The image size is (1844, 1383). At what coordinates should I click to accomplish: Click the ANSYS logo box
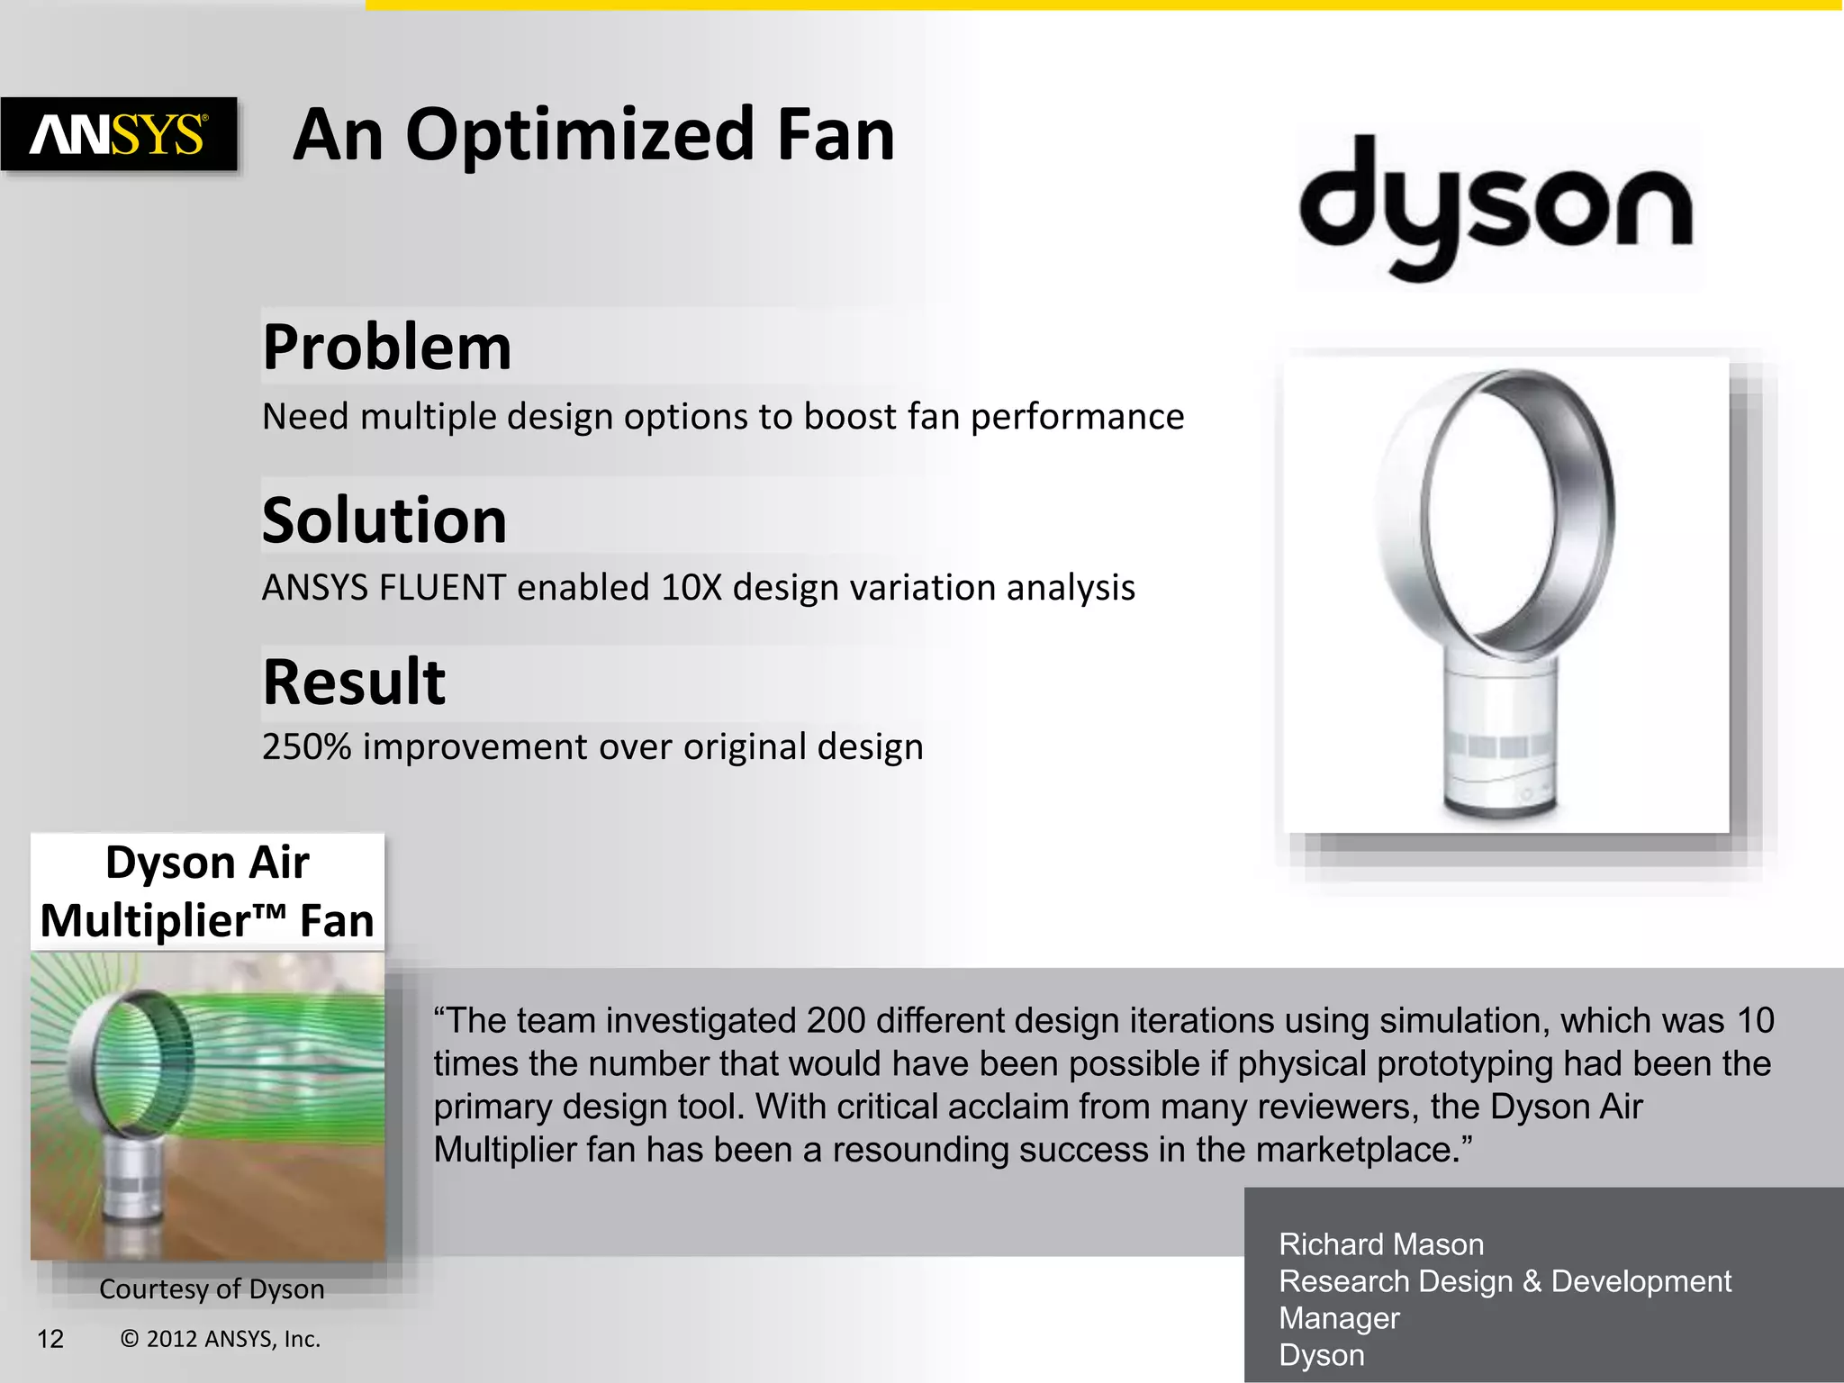point(119,135)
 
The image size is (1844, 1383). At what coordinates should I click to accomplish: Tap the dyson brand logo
point(1496,208)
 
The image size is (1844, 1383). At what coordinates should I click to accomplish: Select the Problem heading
point(387,348)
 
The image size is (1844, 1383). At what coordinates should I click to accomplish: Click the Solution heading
point(384,520)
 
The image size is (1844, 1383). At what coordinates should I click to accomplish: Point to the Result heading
point(354,682)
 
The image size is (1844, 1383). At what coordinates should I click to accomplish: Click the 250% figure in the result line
point(306,747)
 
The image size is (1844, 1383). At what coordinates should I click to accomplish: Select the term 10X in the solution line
point(691,588)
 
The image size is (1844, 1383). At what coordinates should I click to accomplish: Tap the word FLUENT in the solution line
point(442,588)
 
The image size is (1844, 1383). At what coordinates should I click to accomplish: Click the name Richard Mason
point(1380,1244)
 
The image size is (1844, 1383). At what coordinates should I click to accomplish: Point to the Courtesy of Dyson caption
point(212,1289)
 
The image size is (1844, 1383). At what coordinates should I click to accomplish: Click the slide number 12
point(50,1339)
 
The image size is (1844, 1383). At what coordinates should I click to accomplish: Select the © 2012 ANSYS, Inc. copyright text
point(221,1339)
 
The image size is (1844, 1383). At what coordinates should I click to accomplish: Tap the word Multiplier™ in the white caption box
point(162,921)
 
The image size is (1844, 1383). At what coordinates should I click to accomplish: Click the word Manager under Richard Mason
point(1339,1318)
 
